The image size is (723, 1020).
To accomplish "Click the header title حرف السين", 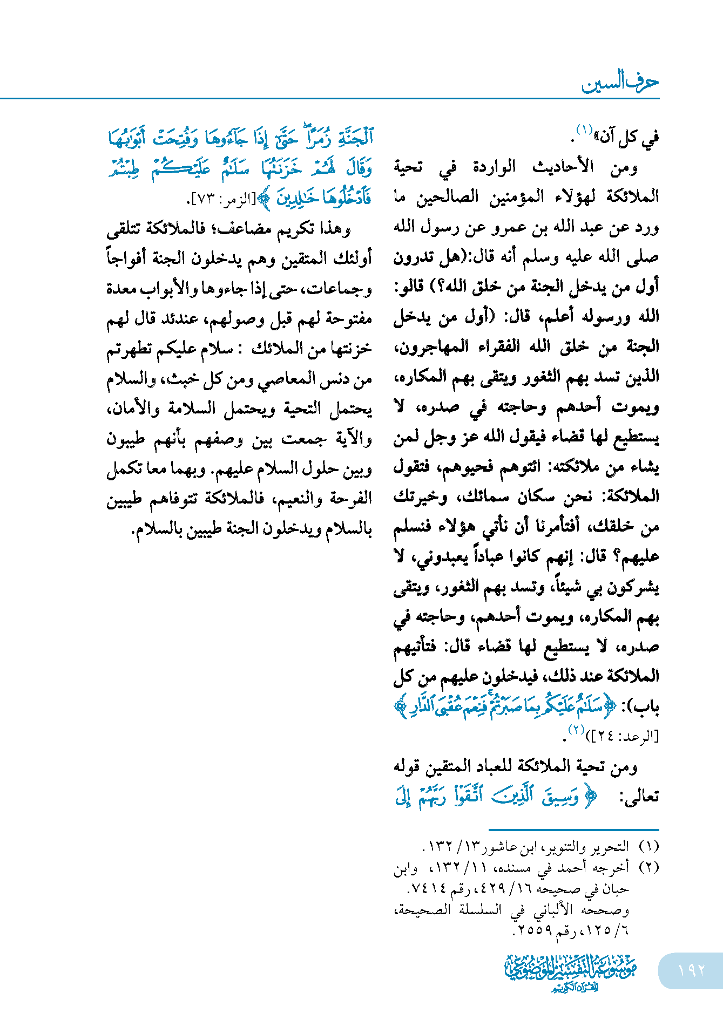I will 620,83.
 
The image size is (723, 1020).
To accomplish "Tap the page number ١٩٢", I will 692,970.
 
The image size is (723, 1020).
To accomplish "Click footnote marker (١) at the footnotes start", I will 648,846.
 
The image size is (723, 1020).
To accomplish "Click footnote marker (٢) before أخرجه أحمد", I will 648,867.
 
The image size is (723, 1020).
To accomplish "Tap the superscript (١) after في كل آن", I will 584,130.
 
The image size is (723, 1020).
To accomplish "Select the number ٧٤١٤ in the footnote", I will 426,888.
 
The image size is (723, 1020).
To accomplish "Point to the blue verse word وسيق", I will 561,797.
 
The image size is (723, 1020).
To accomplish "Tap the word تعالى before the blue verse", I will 641,798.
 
